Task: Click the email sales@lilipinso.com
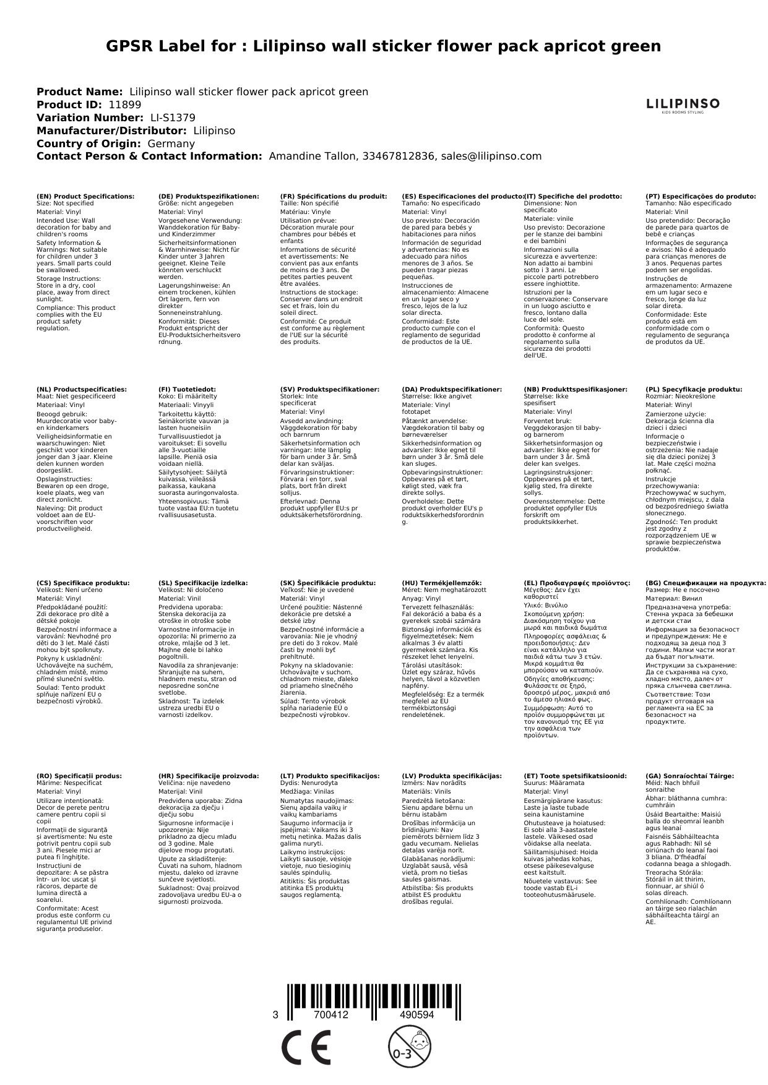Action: tap(491, 157)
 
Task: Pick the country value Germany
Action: tap(171, 144)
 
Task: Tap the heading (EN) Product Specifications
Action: tap(85, 196)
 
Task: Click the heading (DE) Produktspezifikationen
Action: tap(209, 196)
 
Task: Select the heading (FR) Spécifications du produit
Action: tap(334, 196)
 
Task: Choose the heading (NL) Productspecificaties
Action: tap(82, 389)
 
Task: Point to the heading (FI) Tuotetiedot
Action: tap(188, 389)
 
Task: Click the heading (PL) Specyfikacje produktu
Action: tap(694, 389)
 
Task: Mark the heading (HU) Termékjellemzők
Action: tap(442, 582)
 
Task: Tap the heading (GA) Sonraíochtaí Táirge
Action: tap(689, 776)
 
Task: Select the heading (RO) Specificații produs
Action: tap(79, 776)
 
